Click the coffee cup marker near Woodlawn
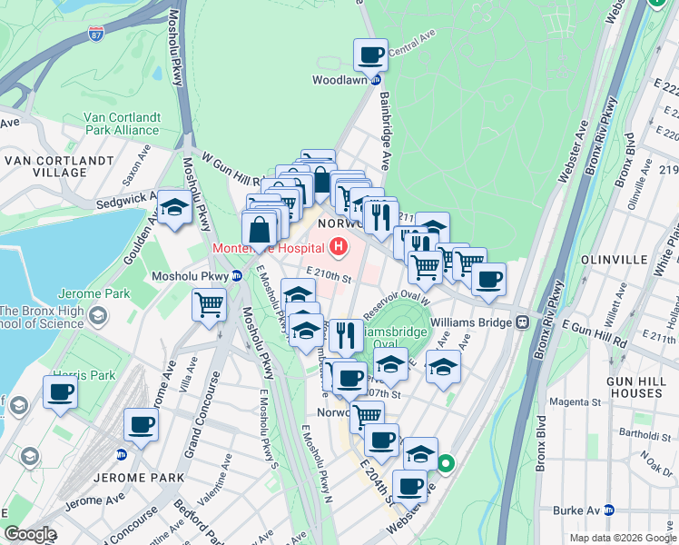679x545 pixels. [x=370, y=55]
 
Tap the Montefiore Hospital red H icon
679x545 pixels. [x=339, y=246]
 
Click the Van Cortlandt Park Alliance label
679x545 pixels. [x=121, y=124]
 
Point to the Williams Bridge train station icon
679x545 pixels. [x=523, y=322]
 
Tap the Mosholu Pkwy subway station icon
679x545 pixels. [x=236, y=275]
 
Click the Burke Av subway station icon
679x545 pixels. [x=609, y=510]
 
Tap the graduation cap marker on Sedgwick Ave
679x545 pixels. [x=174, y=207]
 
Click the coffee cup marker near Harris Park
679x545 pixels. [x=60, y=392]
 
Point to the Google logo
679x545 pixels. [x=31, y=534]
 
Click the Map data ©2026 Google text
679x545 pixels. [x=622, y=538]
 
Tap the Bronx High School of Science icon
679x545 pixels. [x=97, y=314]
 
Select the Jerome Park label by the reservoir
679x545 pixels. [x=86, y=294]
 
